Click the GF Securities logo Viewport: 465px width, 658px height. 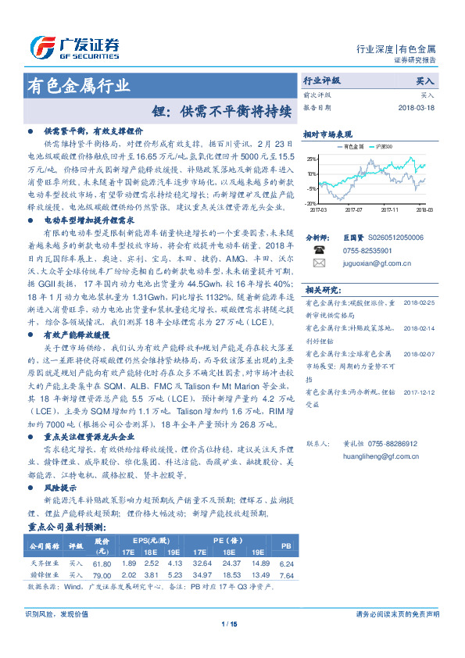tap(73, 46)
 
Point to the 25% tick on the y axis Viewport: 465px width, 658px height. tap(311, 158)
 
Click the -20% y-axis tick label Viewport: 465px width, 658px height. tap(310, 203)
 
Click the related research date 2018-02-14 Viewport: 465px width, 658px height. tap(420, 306)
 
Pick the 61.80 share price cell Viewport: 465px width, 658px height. tap(102, 563)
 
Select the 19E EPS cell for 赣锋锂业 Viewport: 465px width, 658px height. tap(174, 575)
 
